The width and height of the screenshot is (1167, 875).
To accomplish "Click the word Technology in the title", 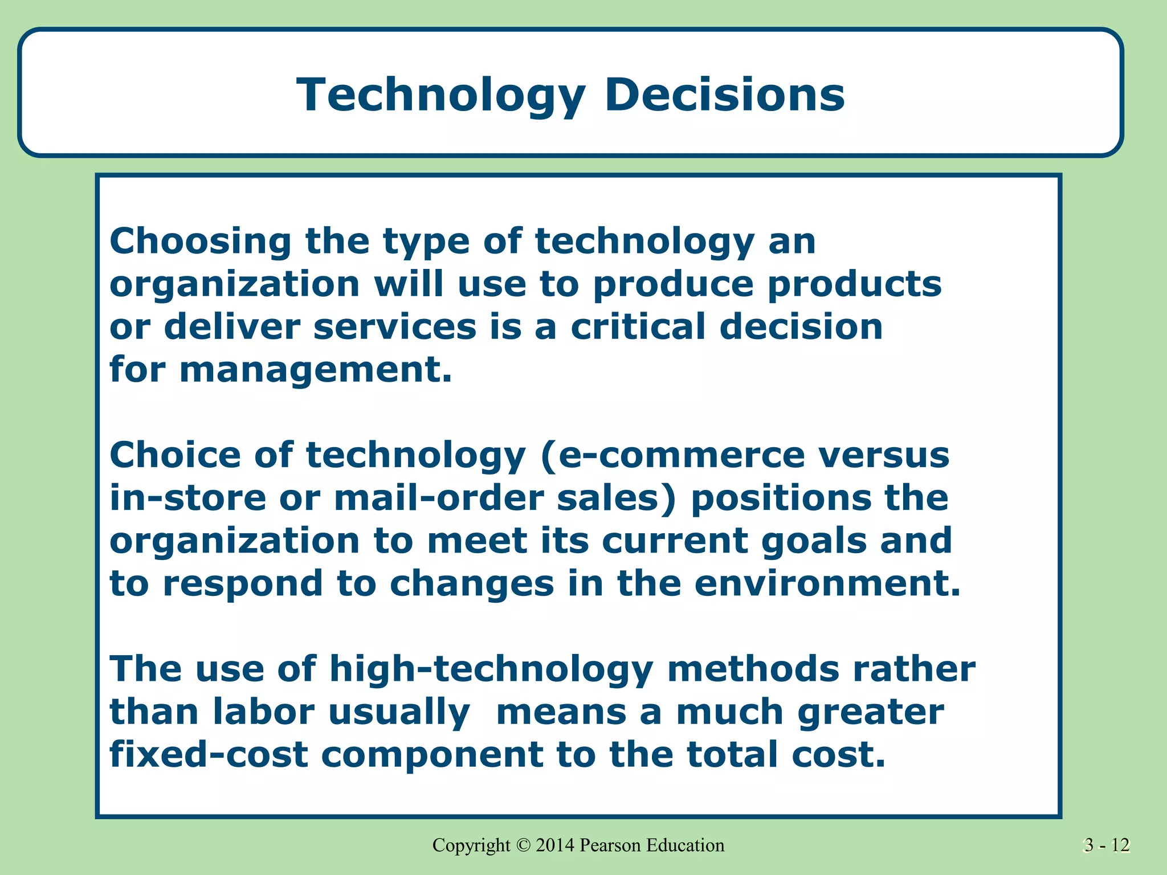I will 441,95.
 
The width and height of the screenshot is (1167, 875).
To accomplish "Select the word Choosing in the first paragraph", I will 200,242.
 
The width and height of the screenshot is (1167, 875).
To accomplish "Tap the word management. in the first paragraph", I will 316,370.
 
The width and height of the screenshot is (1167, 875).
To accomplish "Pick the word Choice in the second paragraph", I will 175,455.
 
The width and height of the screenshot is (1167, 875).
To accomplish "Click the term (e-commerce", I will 672,456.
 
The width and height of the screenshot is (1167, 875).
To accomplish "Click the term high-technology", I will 491,670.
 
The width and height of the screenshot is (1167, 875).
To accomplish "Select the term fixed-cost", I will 209,755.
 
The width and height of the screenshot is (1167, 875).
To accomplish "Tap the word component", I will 432,755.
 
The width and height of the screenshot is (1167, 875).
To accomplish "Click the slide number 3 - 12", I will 1106,845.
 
